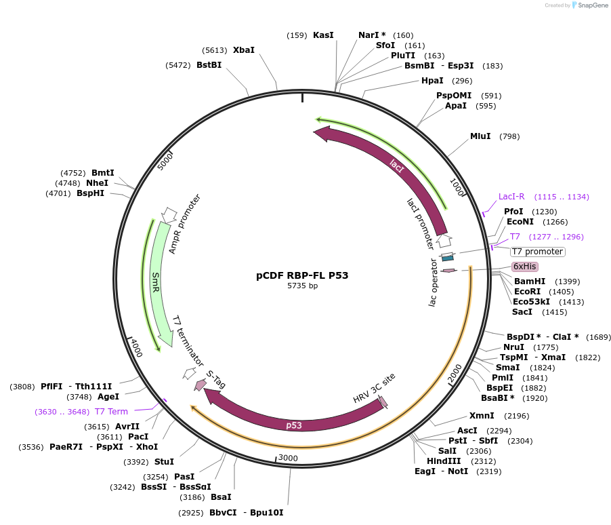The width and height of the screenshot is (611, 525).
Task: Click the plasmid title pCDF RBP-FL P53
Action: [x=302, y=275]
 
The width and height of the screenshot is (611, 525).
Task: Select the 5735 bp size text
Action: [x=302, y=286]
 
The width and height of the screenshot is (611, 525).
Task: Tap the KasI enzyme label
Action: [x=323, y=35]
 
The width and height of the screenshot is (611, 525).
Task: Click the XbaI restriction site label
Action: [x=244, y=50]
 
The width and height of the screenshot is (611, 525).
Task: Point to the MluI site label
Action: [x=480, y=136]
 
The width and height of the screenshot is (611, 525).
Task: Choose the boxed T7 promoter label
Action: [x=537, y=252]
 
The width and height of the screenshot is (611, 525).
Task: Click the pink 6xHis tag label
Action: [x=524, y=267]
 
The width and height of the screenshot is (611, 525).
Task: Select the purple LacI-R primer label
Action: [x=511, y=197]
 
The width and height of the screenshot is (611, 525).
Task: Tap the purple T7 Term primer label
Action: [x=111, y=412]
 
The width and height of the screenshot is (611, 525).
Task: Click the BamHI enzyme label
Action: [x=530, y=281]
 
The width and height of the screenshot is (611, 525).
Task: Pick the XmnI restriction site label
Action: [x=482, y=416]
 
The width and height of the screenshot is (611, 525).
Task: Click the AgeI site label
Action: [x=108, y=397]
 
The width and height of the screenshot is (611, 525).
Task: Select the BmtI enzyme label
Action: [x=103, y=173]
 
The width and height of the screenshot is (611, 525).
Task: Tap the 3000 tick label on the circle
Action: [x=289, y=458]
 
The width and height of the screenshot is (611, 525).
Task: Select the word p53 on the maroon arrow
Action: [x=294, y=425]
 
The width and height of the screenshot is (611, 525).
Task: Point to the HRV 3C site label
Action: [x=374, y=387]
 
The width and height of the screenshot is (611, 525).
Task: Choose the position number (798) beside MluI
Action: [x=509, y=137]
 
